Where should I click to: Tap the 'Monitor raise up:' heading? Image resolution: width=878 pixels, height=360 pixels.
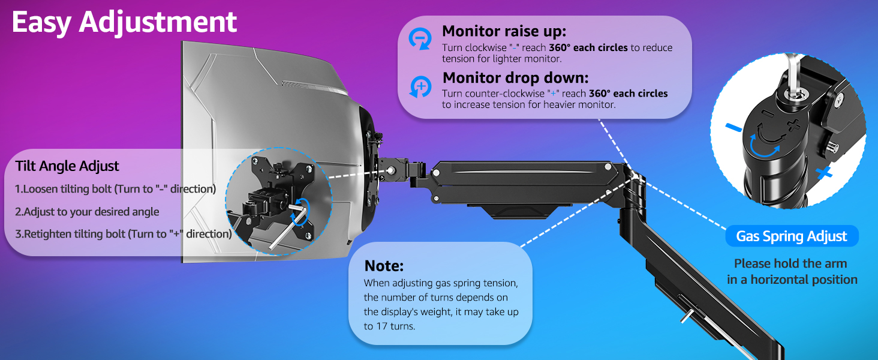click(x=504, y=31)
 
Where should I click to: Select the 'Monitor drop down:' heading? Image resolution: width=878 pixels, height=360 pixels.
click(x=515, y=78)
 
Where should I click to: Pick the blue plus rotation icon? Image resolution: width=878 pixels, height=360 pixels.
click(x=420, y=86)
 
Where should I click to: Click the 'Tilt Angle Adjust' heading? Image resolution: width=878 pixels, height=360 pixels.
click(x=67, y=166)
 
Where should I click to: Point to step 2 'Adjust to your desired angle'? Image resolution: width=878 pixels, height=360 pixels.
click(x=87, y=211)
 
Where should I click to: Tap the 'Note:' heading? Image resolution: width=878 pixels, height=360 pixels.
click(x=384, y=266)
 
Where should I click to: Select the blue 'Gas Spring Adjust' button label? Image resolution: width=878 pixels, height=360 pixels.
click(x=791, y=236)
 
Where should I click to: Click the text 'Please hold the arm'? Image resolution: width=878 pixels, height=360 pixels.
click(x=790, y=263)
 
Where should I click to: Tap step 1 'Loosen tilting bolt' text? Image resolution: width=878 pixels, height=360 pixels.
click(x=115, y=189)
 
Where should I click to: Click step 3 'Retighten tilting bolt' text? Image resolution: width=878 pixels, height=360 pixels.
click(x=123, y=234)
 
